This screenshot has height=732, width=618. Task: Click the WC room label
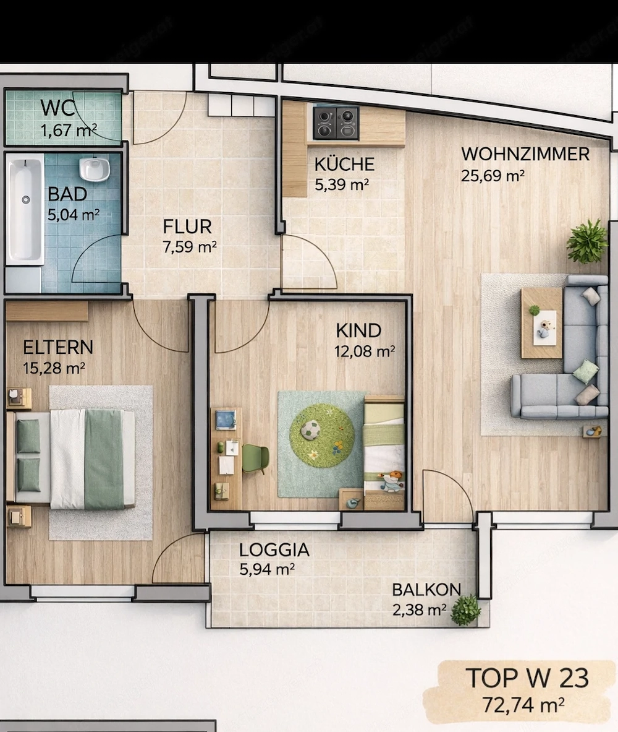(x=57, y=108)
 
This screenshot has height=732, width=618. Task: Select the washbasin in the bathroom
(x=94, y=168)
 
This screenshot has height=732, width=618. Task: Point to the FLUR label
(x=187, y=227)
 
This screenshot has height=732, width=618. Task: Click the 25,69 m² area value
(x=493, y=176)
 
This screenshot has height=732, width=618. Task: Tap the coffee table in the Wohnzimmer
(x=541, y=322)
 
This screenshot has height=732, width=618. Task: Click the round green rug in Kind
(x=321, y=436)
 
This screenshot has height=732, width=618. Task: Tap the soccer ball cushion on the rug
(x=309, y=431)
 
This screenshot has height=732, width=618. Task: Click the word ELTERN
(x=58, y=347)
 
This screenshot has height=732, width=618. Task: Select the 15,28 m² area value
(x=54, y=368)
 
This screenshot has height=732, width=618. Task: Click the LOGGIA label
(x=274, y=550)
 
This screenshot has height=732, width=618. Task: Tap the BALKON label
(x=426, y=590)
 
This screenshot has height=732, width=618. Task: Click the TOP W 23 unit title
(x=527, y=678)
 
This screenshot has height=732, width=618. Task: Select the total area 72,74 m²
(x=523, y=704)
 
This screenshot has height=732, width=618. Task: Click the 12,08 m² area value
(x=364, y=351)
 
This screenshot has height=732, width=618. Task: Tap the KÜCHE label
(x=344, y=165)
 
